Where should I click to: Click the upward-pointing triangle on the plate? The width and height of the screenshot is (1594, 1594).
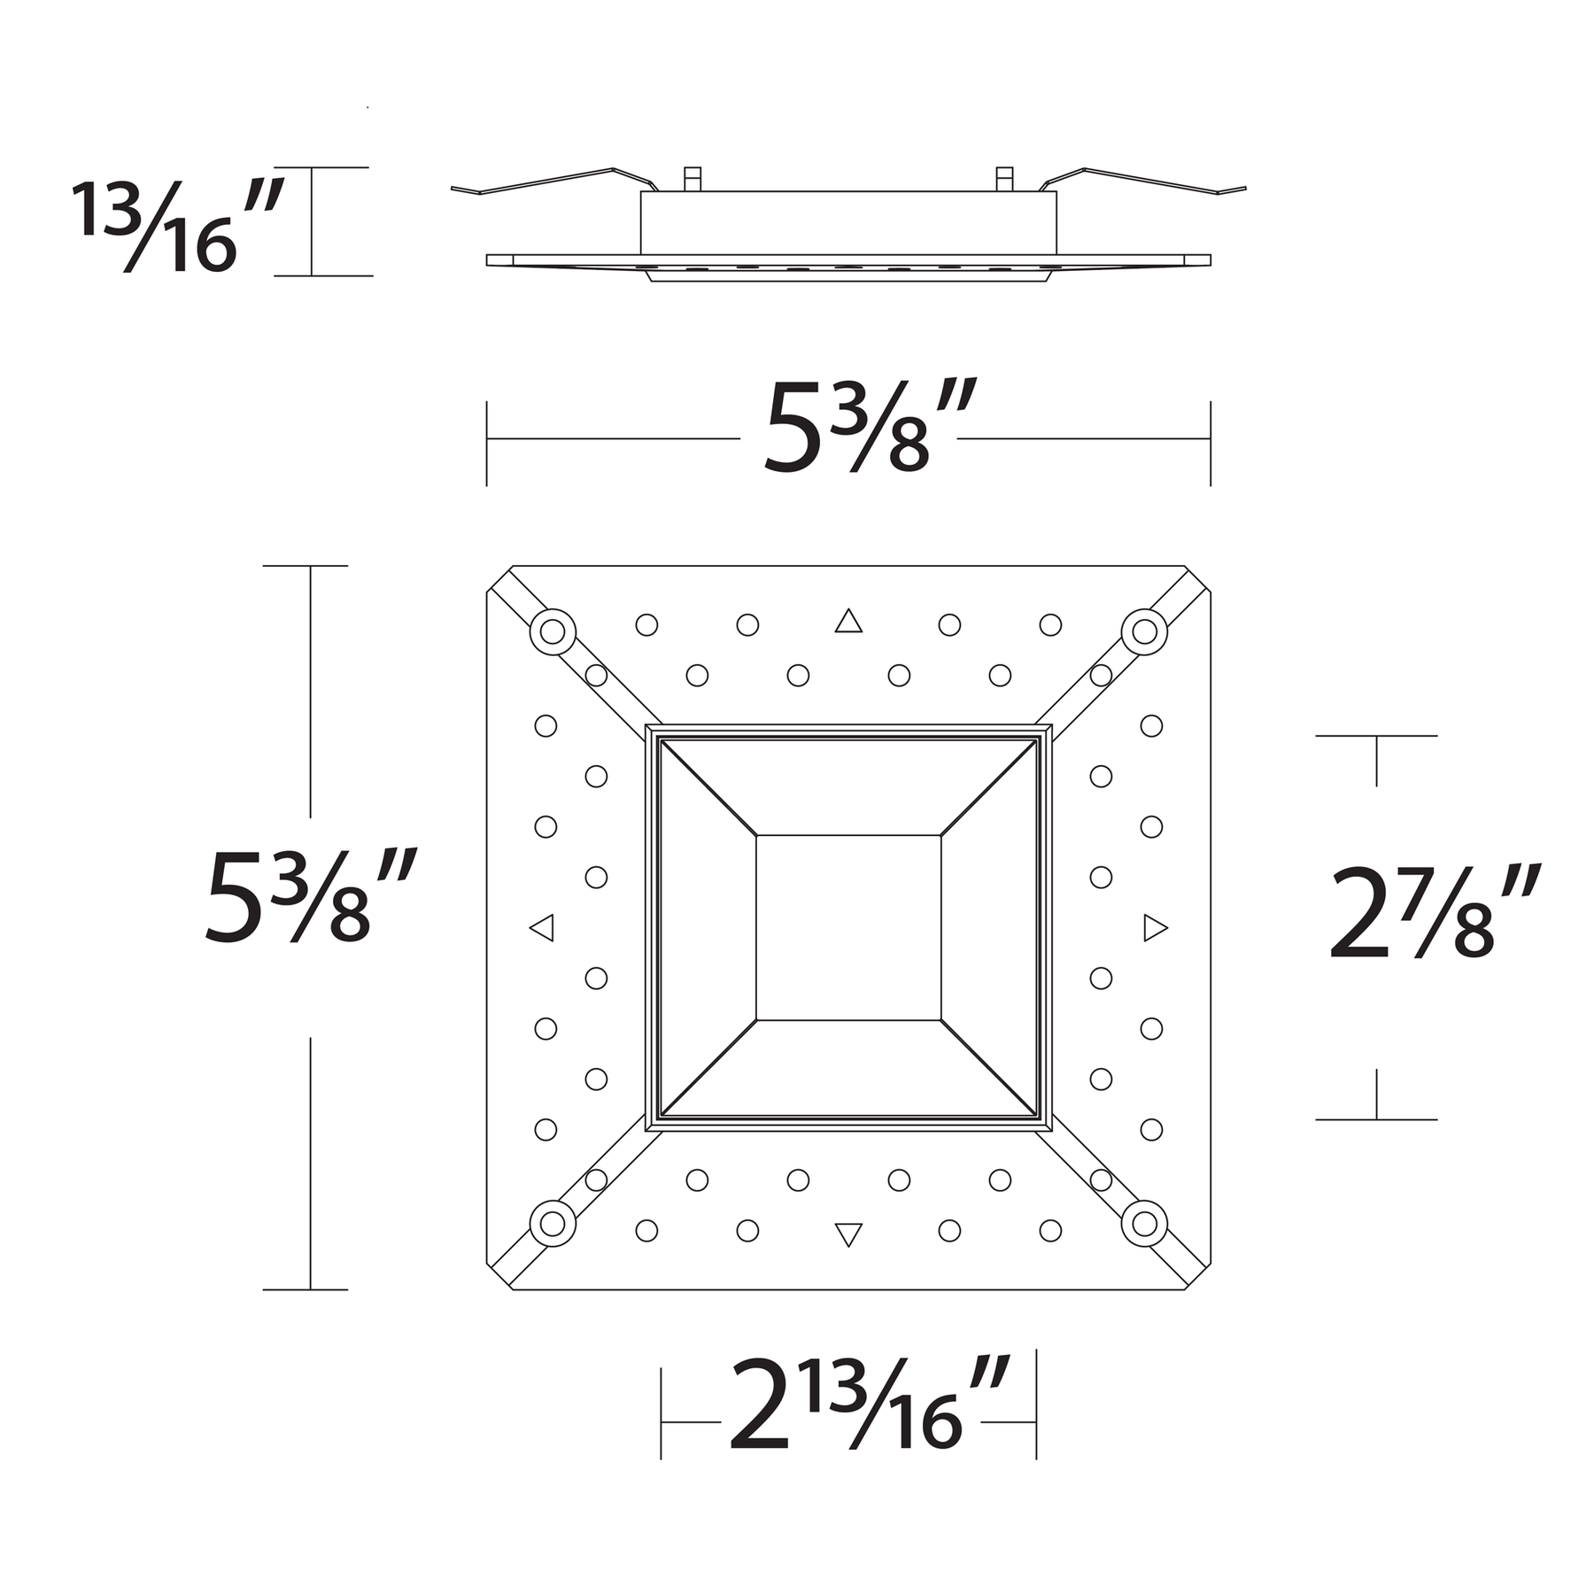coord(848,621)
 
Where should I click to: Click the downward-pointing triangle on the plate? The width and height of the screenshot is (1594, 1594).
coord(848,1234)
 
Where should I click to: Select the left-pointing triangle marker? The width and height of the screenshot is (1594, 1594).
coord(542,928)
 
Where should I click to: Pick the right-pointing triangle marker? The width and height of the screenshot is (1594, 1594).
coord(1156,928)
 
